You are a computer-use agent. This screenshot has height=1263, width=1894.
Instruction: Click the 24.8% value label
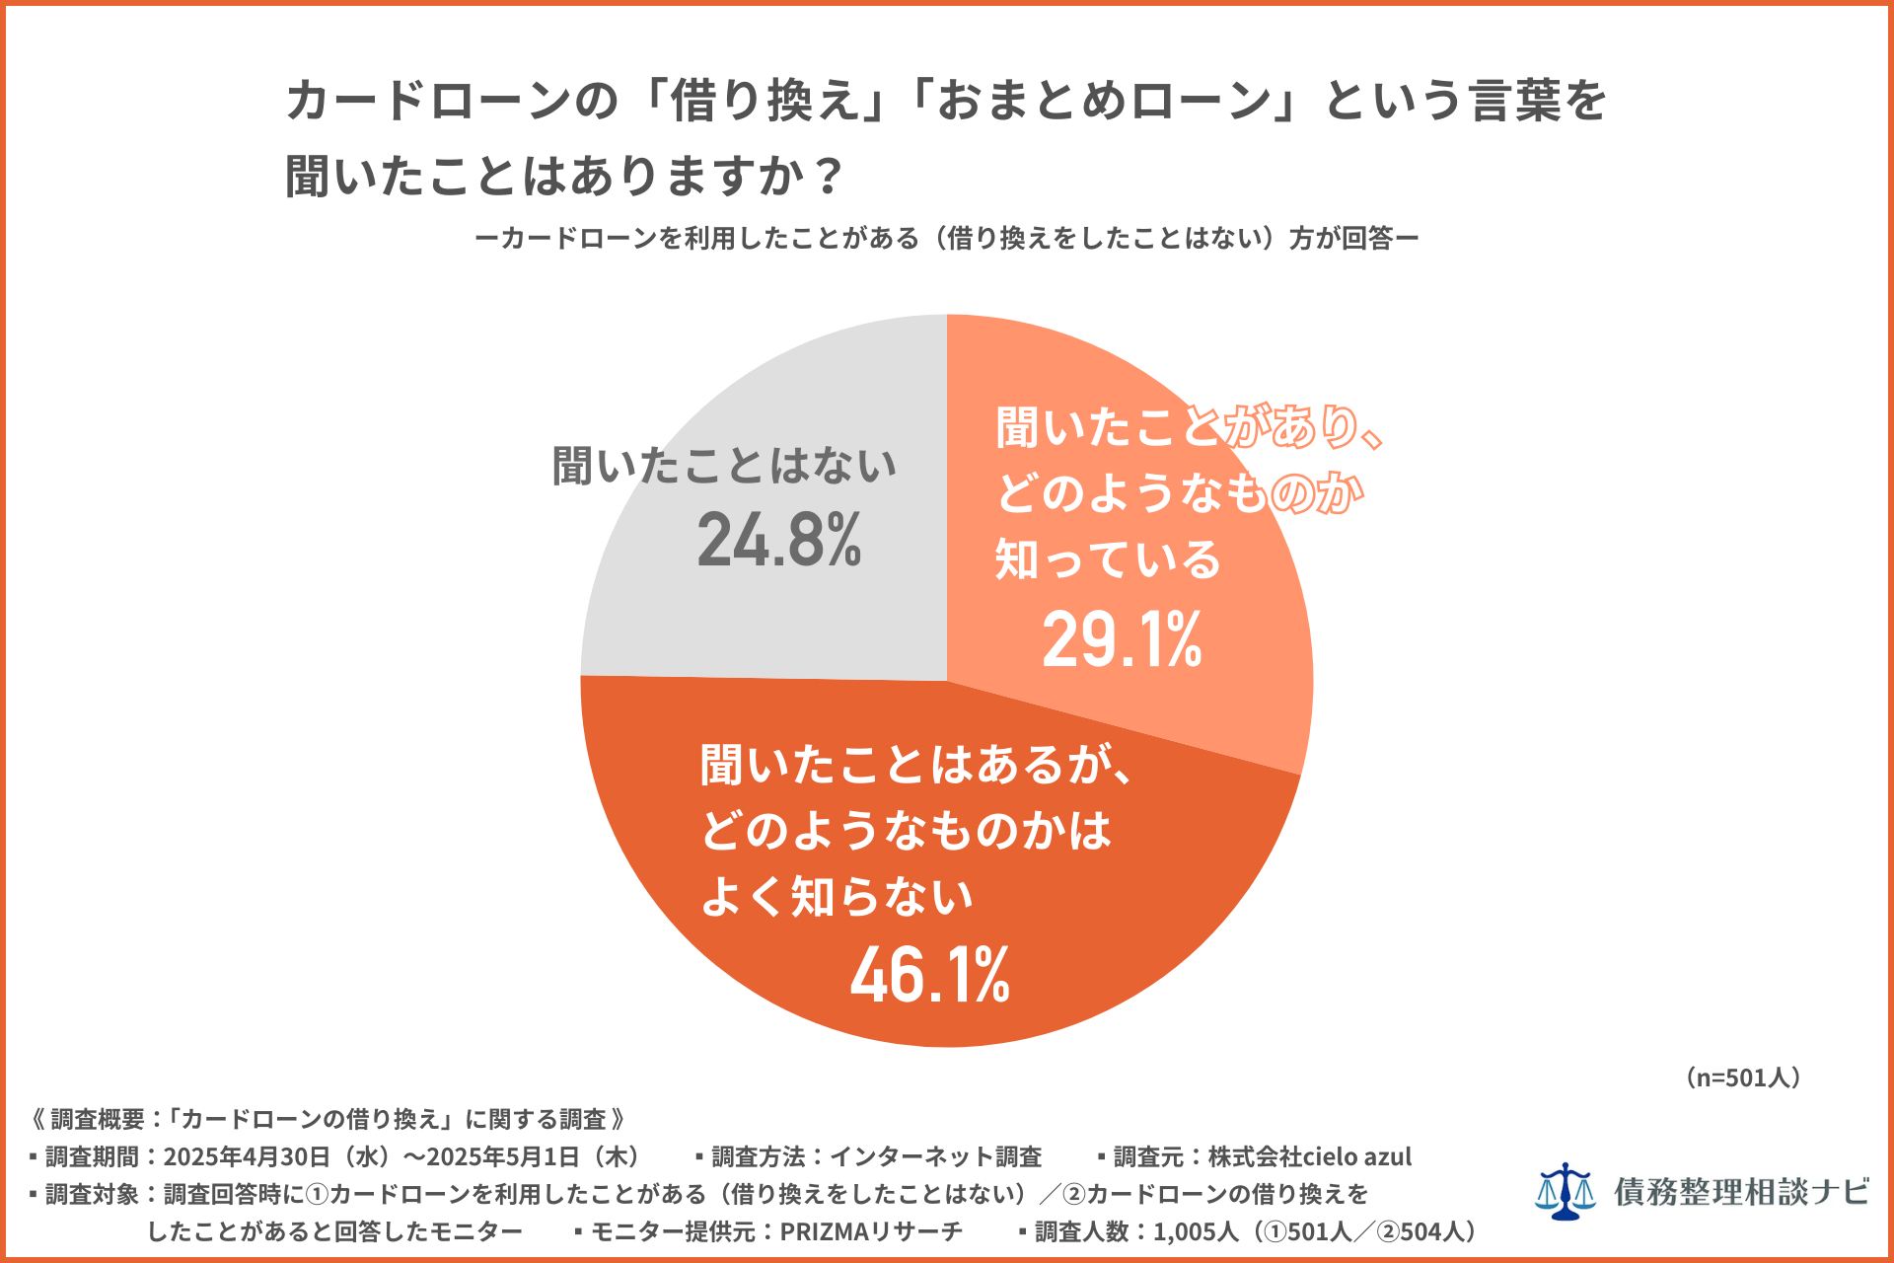click(779, 541)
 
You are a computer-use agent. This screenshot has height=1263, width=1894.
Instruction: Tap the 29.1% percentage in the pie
click(1122, 639)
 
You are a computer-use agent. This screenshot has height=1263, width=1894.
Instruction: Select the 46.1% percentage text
click(929, 976)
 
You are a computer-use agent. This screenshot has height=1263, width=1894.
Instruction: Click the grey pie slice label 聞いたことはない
click(724, 466)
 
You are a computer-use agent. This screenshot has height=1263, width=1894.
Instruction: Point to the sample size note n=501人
click(1743, 1077)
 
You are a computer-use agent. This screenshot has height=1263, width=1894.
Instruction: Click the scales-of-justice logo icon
click(1565, 1191)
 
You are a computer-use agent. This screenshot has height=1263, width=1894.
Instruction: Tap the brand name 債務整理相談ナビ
click(1741, 1192)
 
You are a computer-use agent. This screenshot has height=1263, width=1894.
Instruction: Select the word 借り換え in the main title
click(766, 102)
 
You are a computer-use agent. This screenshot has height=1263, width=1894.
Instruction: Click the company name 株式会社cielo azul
click(1310, 1156)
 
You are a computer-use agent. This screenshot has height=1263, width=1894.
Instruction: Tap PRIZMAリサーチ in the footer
click(871, 1231)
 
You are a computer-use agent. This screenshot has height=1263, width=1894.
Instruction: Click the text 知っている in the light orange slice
click(1107, 559)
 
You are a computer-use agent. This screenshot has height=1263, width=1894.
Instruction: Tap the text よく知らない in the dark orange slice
click(837, 897)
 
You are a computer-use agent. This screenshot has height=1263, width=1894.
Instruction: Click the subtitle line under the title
click(946, 238)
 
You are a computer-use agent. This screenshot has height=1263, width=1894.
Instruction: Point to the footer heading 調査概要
click(98, 1119)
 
